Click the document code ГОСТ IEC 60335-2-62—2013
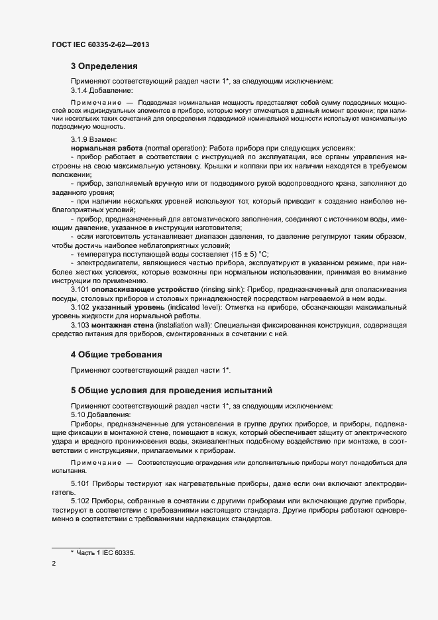click(99, 44)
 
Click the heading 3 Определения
click(104, 66)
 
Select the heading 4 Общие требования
click(117, 355)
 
